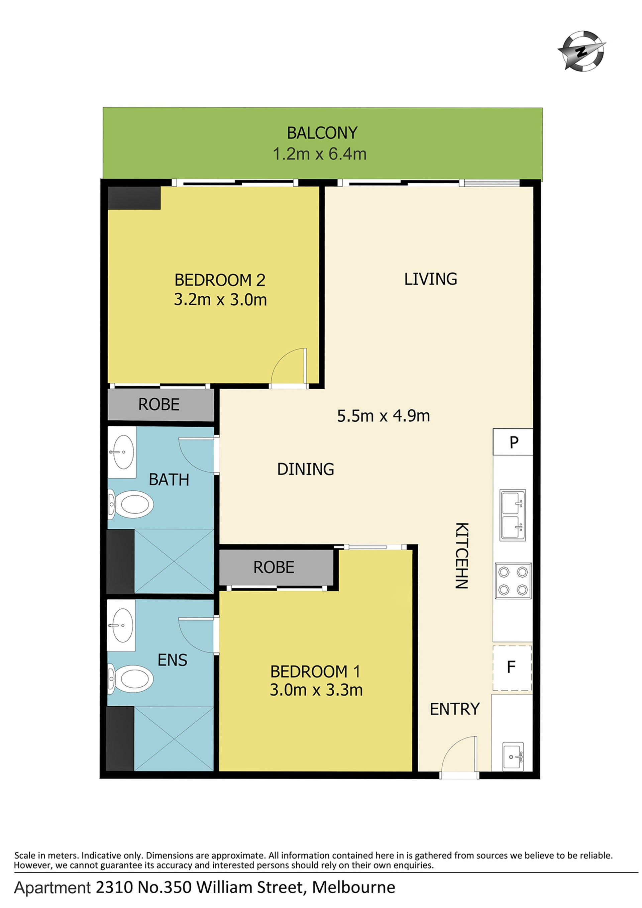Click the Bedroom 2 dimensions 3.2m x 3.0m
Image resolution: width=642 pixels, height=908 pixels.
coord(220,299)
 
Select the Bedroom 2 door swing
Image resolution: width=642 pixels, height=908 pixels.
coord(289,366)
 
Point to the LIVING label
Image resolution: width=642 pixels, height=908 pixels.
coord(430,279)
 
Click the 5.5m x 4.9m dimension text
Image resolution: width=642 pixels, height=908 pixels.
coord(383,416)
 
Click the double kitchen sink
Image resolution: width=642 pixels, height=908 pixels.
coord(513,515)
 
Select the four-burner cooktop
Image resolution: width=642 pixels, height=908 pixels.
coord(513,581)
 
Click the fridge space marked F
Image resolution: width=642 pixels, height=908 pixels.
coord(512,668)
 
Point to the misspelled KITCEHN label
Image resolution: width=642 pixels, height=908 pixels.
coord(462,555)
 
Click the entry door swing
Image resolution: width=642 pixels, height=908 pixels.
coord(459,754)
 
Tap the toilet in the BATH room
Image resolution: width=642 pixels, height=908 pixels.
coord(131,504)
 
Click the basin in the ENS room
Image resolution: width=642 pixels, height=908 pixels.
coord(123,625)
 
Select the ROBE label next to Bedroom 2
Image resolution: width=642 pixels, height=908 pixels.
coord(159,405)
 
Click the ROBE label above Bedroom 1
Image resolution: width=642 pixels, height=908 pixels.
coord(274,568)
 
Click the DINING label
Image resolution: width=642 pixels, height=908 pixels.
coord(306,469)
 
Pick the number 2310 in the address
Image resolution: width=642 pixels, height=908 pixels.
coord(114,888)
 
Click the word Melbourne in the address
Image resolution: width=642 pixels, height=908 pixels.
coord(354,888)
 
